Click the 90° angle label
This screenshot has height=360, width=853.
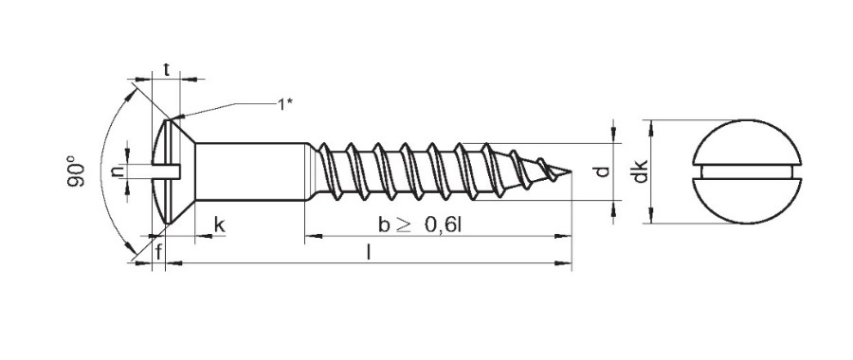tap(76, 171)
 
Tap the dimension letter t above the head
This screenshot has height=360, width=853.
tap(167, 69)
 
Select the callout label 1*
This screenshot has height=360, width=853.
tap(285, 104)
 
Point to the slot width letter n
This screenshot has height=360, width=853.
tap(117, 171)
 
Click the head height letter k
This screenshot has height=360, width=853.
tap(219, 225)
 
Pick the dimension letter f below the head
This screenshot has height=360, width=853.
tap(158, 252)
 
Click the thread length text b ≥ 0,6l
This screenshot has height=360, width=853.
tap(420, 225)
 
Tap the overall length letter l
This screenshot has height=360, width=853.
tap(370, 252)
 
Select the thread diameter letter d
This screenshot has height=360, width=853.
tap(601, 171)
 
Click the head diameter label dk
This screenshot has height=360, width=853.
tap(641, 171)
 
